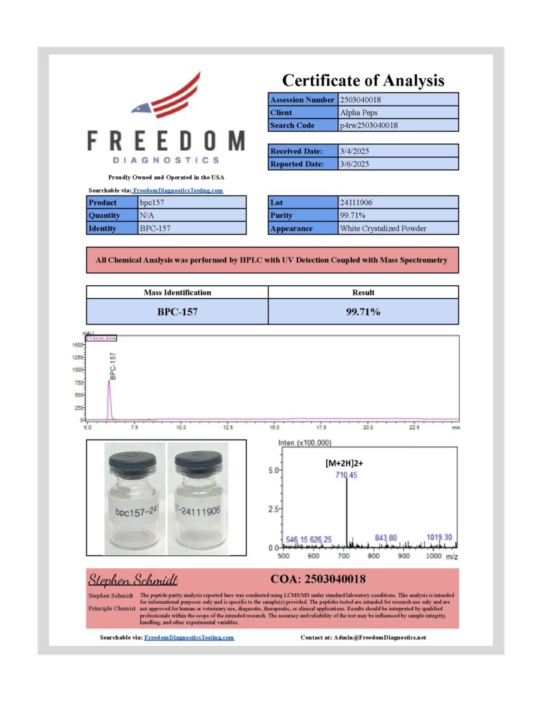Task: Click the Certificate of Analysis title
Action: click(x=363, y=80)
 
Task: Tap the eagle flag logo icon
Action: click(x=167, y=97)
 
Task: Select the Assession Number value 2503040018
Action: click(x=360, y=99)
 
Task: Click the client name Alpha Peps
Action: click(x=358, y=112)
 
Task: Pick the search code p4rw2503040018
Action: click(x=369, y=125)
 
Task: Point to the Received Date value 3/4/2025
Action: click(x=354, y=151)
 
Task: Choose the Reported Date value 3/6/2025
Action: click(x=354, y=164)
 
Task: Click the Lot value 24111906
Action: click(x=356, y=203)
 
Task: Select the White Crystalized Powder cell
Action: click(x=383, y=228)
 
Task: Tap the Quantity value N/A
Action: click(x=148, y=215)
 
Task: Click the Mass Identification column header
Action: click(x=177, y=292)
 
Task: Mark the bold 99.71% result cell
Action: click(x=362, y=311)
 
